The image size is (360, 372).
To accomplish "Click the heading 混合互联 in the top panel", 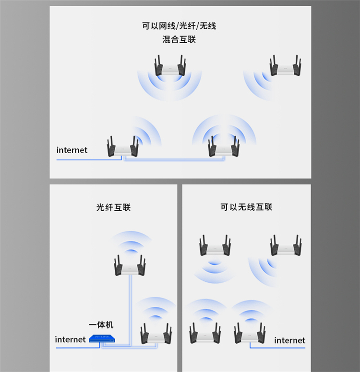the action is click(x=179, y=39).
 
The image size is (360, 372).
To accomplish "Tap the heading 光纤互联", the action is click(x=113, y=207).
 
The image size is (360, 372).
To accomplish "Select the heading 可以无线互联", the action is click(x=246, y=207).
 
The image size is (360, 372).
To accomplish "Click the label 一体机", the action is click(x=101, y=325).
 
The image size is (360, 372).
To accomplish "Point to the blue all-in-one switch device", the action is click(x=102, y=338).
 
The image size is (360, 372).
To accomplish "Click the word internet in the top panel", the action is click(x=72, y=150).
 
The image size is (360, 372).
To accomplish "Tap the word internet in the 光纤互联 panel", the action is click(x=70, y=339).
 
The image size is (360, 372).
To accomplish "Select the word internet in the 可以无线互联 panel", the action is click(x=289, y=340).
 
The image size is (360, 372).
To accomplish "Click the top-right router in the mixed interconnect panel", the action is click(x=286, y=66).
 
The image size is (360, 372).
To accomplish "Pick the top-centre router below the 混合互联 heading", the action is click(x=170, y=66).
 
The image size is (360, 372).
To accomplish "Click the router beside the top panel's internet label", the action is click(x=123, y=146).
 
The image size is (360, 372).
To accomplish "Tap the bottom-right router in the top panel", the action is click(x=224, y=146).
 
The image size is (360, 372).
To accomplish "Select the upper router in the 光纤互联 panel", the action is click(x=130, y=265).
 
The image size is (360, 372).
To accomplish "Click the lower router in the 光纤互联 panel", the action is click(x=156, y=334).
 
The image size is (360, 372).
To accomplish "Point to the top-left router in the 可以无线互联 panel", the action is click(x=215, y=246).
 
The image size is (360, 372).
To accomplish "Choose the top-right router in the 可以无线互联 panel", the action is click(x=286, y=246).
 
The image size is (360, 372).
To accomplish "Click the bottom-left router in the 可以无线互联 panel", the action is click(x=205, y=333).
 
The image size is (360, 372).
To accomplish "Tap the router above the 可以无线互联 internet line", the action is click(x=250, y=333).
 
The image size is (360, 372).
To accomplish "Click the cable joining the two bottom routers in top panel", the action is click(x=174, y=160).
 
